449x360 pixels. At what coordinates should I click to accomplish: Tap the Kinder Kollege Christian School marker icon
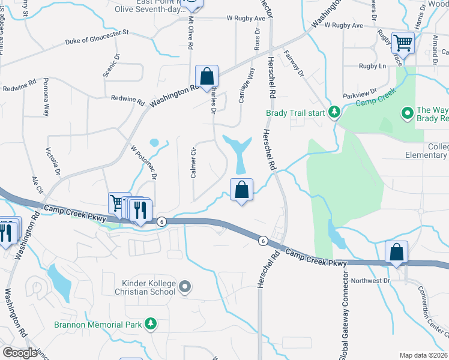click(185, 287)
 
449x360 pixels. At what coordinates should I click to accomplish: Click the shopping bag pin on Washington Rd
click(206, 76)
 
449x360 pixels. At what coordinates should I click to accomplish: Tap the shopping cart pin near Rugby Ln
click(402, 43)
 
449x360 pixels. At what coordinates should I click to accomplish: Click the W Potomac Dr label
click(143, 162)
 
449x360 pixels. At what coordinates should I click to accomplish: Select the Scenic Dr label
click(112, 65)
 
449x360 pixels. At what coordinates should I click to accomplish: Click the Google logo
click(20, 353)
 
